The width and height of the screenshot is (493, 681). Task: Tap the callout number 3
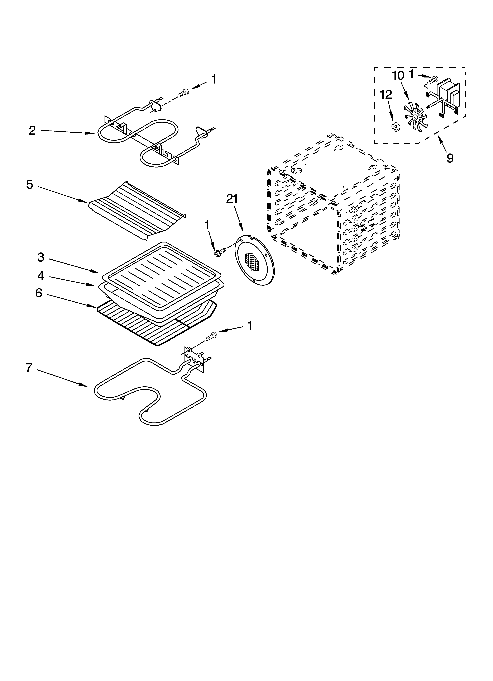pyautogui.click(x=41, y=257)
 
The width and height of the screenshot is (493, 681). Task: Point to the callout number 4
pyautogui.click(x=41, y=276)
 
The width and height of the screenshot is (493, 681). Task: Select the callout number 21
pyautogui.click(x=232, y=199)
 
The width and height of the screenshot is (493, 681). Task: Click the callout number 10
pyautogui.click(x=398, y=76)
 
